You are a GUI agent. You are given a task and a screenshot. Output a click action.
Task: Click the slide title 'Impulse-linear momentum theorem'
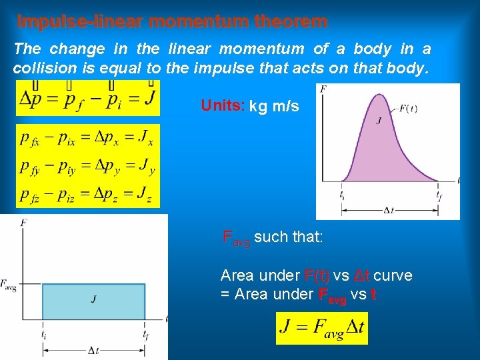pos(172,21)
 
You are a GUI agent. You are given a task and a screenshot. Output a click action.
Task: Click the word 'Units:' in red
pos(223,106)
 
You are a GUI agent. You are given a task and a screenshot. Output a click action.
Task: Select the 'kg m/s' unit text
pos(274,106)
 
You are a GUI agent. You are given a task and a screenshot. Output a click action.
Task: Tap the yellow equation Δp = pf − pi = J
pos(87,98)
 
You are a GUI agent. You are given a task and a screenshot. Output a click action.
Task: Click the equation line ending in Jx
pos(87,139)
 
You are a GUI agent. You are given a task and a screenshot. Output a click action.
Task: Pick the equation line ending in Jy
pos(87,167)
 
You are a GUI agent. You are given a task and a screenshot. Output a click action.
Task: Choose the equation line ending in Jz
pos(87,195)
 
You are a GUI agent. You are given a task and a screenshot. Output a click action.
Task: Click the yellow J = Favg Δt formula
pos(321,328)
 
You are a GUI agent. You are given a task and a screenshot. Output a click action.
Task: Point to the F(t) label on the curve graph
pos(407,109)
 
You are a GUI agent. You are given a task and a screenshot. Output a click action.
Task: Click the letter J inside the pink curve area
pos(379,121)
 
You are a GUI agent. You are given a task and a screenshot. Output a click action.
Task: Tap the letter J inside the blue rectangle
pos(93,299)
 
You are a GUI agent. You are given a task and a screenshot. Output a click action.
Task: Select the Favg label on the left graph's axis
pos(9,285)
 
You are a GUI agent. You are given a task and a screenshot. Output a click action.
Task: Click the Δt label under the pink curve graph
pos(389,210)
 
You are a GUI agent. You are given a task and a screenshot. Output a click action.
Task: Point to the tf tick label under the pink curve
pos(439,195)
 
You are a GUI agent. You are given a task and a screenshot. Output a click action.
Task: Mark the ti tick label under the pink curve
pos(342,195)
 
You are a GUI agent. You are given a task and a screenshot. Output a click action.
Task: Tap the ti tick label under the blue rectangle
pos(43,334)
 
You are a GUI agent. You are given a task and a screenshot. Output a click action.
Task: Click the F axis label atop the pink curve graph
pos(323,89)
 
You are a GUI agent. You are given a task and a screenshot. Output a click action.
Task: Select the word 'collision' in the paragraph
pos(42,68)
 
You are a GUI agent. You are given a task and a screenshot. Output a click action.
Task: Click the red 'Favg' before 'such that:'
pos(235,238)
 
